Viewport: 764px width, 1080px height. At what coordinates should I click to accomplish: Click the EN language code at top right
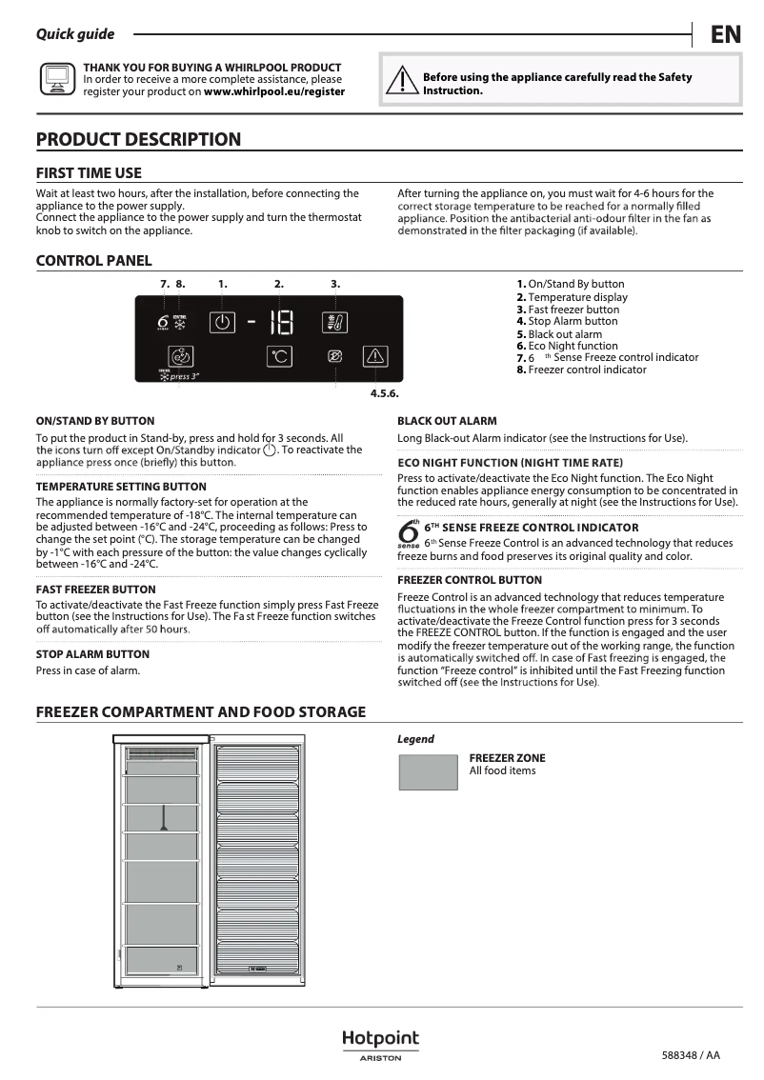pos(725,35)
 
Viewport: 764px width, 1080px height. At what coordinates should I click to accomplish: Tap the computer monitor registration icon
pos(56,80)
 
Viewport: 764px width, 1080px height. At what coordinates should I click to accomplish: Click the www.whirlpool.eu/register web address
pos(274,92)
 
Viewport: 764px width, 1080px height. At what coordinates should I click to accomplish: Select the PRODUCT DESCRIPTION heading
pos(138,140)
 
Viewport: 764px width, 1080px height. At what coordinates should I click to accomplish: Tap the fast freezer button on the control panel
pos(335,322)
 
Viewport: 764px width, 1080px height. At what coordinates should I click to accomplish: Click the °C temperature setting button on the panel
pos(279,357)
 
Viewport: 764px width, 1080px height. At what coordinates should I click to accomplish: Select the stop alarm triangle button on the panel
pos(376,357)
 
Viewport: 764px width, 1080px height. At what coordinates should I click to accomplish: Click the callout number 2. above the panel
pos(279,284)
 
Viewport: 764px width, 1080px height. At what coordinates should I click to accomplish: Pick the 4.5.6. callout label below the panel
pos(384,393)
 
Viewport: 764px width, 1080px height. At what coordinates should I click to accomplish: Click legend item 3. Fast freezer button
pos(568,310)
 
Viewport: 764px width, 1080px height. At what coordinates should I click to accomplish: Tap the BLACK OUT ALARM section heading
pos(447,421)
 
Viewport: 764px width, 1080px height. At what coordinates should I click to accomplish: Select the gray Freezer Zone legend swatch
pos(428,771)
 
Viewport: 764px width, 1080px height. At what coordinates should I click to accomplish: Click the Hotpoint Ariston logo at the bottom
pos(380,1044)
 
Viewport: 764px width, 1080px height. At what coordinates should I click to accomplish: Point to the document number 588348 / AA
pos(691,1055)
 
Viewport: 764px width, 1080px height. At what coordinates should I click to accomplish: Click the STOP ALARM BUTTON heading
pos(92,654)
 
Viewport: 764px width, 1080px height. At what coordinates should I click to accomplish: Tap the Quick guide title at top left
pos(75,34)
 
